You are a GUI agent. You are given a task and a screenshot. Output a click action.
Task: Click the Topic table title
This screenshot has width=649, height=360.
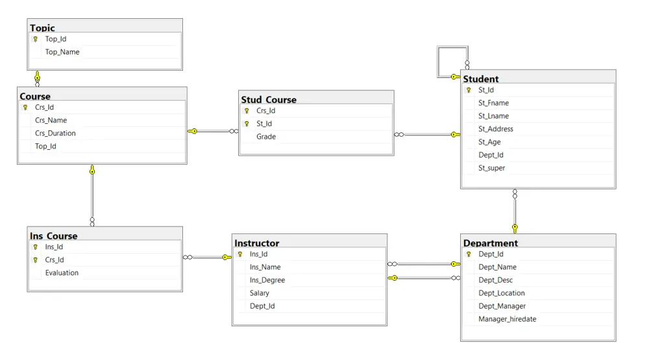pyautogui.click(x=43, y=28)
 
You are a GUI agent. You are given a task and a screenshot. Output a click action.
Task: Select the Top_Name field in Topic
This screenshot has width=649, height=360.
pyautogui.click(x=62, y=52)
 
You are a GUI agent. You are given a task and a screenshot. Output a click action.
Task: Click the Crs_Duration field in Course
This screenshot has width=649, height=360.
pyautogui.click(x=55, y=133)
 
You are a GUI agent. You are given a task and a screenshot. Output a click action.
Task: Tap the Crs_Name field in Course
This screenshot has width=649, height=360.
pyautogui.click(x=51, y=120)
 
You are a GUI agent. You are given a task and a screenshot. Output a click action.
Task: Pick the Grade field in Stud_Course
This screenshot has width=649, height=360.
pyautogui.click(x=266, y=137)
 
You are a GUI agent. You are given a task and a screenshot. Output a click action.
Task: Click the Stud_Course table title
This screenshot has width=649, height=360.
pyautogui.click(x=269, y=100)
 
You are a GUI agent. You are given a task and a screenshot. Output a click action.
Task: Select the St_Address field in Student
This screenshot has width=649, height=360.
pyautogui.click(x=496, y=129)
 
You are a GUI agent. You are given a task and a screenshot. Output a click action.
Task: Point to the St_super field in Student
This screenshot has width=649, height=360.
pyautogui.click(x=491, y=168)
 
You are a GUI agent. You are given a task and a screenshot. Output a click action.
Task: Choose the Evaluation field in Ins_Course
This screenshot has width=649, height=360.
pyautogui.click(x=62, y=273)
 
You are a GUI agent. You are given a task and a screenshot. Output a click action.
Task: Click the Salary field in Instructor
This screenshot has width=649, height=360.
pyautogui.click(x=260, y=293)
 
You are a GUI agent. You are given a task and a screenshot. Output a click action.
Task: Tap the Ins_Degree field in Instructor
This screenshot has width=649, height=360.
pyautogui.click(x=267, y=280)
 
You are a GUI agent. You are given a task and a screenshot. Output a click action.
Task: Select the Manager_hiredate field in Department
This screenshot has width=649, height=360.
pyautogui.click(x=508, y=319)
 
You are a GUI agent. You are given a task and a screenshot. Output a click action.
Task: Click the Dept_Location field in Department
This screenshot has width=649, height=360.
pyautogui.click(x=502, y=293)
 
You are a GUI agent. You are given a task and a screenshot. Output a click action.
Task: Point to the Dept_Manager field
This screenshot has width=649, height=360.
pyautogui.click(x=502, y=306)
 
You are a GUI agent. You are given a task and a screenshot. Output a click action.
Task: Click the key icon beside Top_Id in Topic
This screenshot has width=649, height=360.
pyautogui.click(x=36, y=40)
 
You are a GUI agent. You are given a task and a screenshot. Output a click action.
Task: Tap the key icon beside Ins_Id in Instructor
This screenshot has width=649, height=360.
pyautogui.click(x=240, y=255)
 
